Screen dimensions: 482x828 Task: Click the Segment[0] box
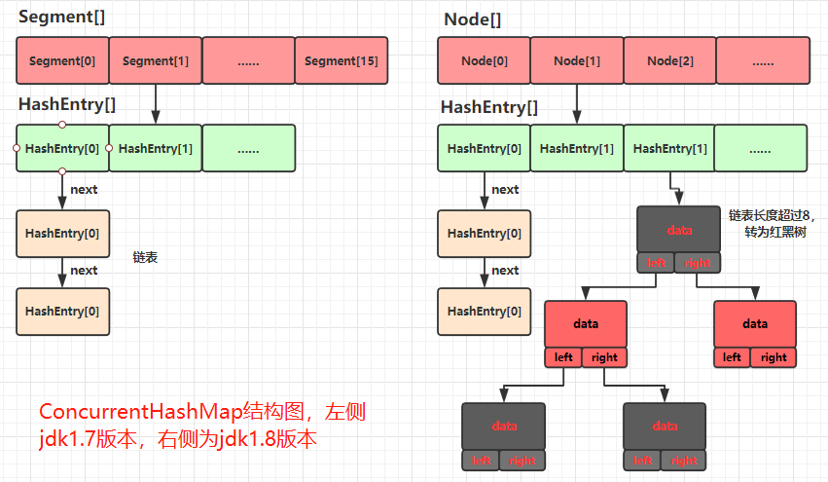(x=62, y=60)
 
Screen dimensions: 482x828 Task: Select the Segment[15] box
(x=341, y=60)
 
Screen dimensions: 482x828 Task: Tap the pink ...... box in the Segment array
(x=248, y=60)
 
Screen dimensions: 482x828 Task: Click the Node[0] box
(x=485, y=60)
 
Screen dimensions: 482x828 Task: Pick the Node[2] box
(x=669, y=60)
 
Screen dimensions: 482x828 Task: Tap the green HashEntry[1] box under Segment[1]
(x=156, y=148)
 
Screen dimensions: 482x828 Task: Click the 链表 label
(x=145, y=258)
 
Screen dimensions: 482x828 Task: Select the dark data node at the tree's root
(x=679, y=230)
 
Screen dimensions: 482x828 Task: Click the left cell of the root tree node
(x=657, y=263)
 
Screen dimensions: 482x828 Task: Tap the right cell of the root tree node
(x=698, y=263)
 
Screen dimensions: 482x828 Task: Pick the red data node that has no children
(x=755, y=324)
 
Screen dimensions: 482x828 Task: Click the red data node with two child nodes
(x=586, y=324)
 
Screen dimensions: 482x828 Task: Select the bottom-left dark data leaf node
(x=503, y=426)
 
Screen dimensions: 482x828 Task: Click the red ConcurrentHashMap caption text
(x=201, y=425)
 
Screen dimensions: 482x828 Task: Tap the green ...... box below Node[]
(x=761, y=149)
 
